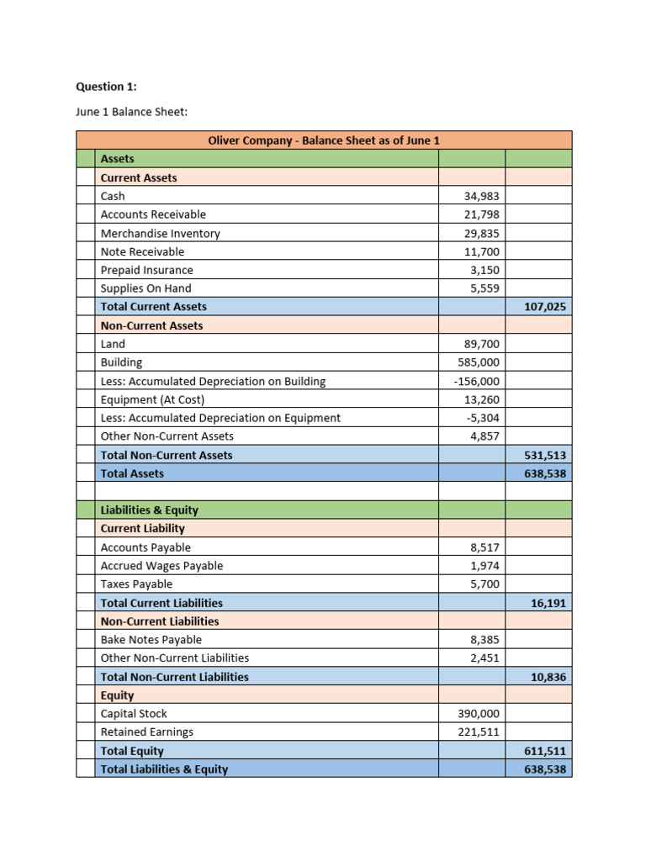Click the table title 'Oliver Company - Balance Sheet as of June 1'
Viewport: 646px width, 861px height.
(324, 140)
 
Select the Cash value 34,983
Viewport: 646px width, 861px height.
(482, 196)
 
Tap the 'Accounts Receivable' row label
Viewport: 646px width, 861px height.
(153, 214)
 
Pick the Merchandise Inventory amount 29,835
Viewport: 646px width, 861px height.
(482, 233)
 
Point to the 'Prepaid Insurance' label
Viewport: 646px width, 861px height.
(146, 270)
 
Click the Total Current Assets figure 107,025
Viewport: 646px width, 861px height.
(545, 307)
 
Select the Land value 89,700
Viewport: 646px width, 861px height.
(482, 344)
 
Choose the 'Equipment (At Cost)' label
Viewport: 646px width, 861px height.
(152, 399)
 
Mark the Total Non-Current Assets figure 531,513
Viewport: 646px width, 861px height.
(545, 455)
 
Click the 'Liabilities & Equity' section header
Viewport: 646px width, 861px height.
(150, 510)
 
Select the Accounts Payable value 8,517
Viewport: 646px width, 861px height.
(485, 547)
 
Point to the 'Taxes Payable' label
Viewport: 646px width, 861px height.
(136, 584)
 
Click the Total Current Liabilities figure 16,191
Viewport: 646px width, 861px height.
(548, 603)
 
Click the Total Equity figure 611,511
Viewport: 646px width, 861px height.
(545, 751)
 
